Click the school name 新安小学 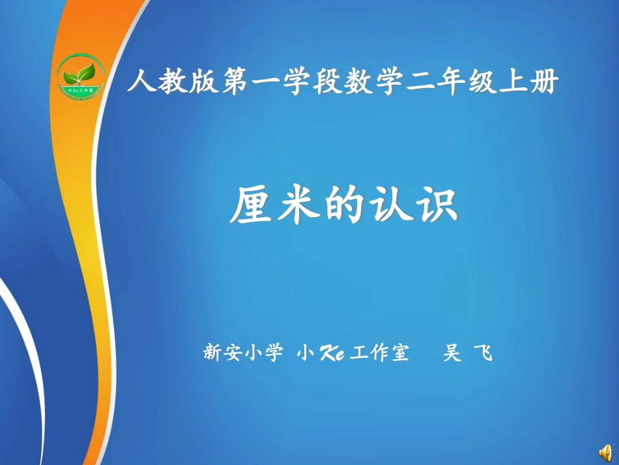coord(244,353)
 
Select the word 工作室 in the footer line coord(379,353)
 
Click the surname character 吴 coord(451,353)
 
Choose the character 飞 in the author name coord(485,353)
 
